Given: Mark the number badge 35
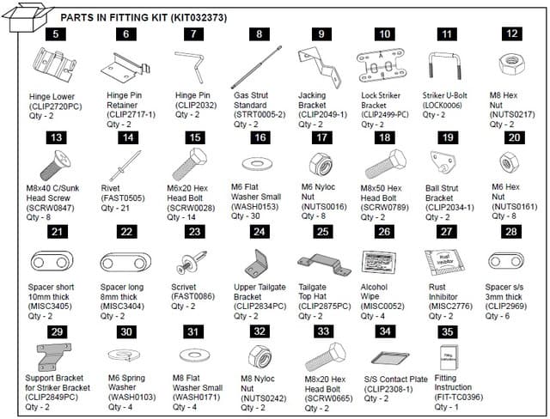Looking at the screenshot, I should click(x=443, y=331).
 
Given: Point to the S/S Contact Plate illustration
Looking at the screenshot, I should click(x=383, y=359).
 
